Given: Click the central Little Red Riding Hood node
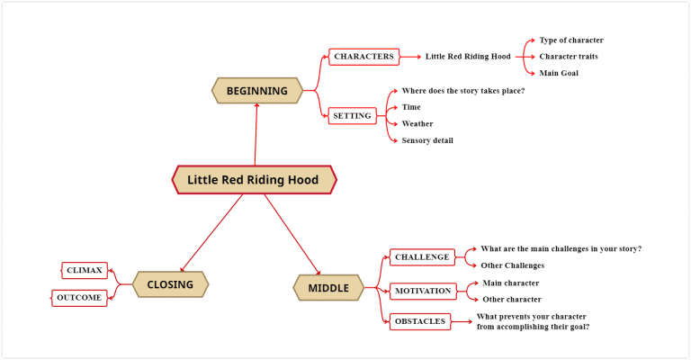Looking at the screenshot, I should [253, 180].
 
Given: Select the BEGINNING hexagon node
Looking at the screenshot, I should [256, 91].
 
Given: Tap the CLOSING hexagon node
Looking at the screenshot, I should [170, 285].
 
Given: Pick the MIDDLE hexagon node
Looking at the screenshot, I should [328, 288].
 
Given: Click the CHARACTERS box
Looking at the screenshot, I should [363, 57].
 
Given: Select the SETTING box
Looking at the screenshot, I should [351, 115].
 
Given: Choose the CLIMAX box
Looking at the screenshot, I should [85, 270].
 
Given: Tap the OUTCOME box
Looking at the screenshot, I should [79, 298].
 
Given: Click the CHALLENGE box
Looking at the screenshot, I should [421, 257].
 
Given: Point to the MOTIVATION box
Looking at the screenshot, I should [422, 291].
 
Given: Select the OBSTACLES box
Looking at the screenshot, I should [419, 321].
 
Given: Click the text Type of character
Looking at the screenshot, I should [570, 40].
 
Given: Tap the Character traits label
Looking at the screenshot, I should [568, 57].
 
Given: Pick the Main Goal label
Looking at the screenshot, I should [558, 73].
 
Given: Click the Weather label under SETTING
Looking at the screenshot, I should [417, 124].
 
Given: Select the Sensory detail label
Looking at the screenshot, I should [426, 140].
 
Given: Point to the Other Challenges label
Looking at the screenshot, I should [513, 265].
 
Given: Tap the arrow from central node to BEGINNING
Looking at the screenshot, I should [256, 135].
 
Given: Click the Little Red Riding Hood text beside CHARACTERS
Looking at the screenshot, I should [468, 57].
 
